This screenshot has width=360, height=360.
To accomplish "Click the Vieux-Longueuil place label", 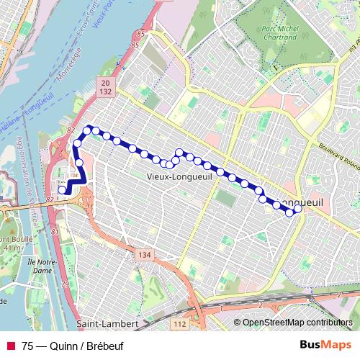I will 178,175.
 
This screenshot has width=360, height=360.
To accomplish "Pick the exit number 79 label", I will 64,287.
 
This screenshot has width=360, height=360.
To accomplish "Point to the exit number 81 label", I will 56,232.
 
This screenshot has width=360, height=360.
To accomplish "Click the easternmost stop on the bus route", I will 298,209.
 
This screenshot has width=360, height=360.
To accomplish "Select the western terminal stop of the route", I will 63,190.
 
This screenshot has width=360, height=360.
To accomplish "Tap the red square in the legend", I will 11,345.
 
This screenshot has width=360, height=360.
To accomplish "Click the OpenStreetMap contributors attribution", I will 297,323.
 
